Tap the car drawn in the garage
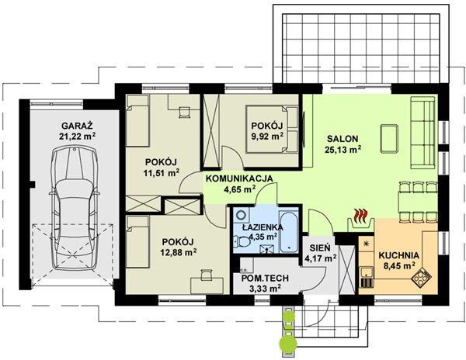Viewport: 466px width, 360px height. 75,208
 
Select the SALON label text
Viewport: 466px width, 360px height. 343,139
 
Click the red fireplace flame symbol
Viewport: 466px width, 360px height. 361,215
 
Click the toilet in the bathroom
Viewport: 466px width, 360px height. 242,241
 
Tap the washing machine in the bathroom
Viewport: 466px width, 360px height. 242,215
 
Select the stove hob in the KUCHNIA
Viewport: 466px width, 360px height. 421,277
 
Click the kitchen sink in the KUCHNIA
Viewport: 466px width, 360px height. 367,277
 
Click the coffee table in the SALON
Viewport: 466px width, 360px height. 389,139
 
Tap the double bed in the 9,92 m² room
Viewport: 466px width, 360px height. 272,129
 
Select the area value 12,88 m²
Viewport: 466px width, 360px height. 179,253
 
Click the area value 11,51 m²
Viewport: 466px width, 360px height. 162,173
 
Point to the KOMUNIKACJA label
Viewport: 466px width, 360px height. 239,178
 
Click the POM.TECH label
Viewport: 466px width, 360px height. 265,278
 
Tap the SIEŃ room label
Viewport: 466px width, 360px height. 320,247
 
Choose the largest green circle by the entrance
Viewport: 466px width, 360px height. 288,344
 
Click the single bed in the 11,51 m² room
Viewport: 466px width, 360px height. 137,121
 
